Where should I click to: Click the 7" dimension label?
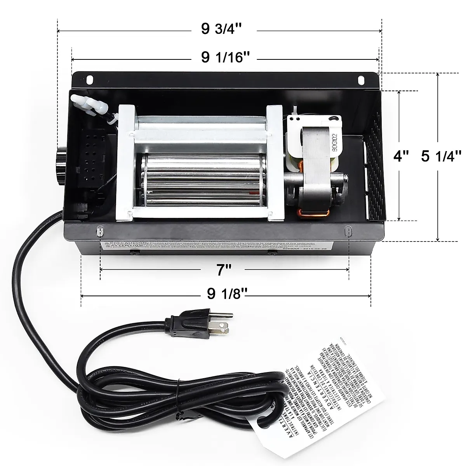224,269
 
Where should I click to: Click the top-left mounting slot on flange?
90,79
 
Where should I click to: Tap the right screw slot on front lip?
348,231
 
